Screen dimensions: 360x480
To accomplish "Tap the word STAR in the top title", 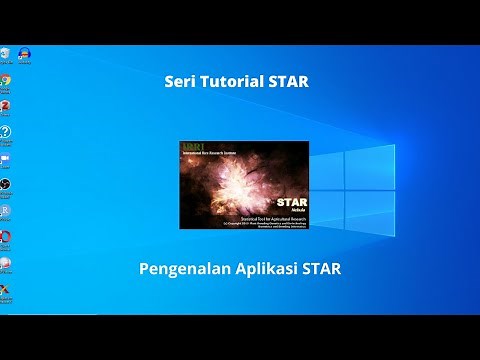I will (x=288, y=82).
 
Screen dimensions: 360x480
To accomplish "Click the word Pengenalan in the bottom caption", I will (x=184, y=270).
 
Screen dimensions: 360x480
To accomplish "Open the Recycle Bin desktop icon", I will (x=5, y=52).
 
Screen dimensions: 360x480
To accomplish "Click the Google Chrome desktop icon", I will (x=5, y=80).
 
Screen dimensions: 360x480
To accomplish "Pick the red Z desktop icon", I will (x=5, y=106).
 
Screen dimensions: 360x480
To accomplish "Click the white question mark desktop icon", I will (x=5, y=132).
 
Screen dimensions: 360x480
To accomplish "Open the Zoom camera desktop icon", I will (x=5, y=158).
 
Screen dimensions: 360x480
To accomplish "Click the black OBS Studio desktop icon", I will (x=5, y=185).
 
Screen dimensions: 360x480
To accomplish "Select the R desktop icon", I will (x=5, y=211).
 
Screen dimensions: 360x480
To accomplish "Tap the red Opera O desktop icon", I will (x=5, y=237).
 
